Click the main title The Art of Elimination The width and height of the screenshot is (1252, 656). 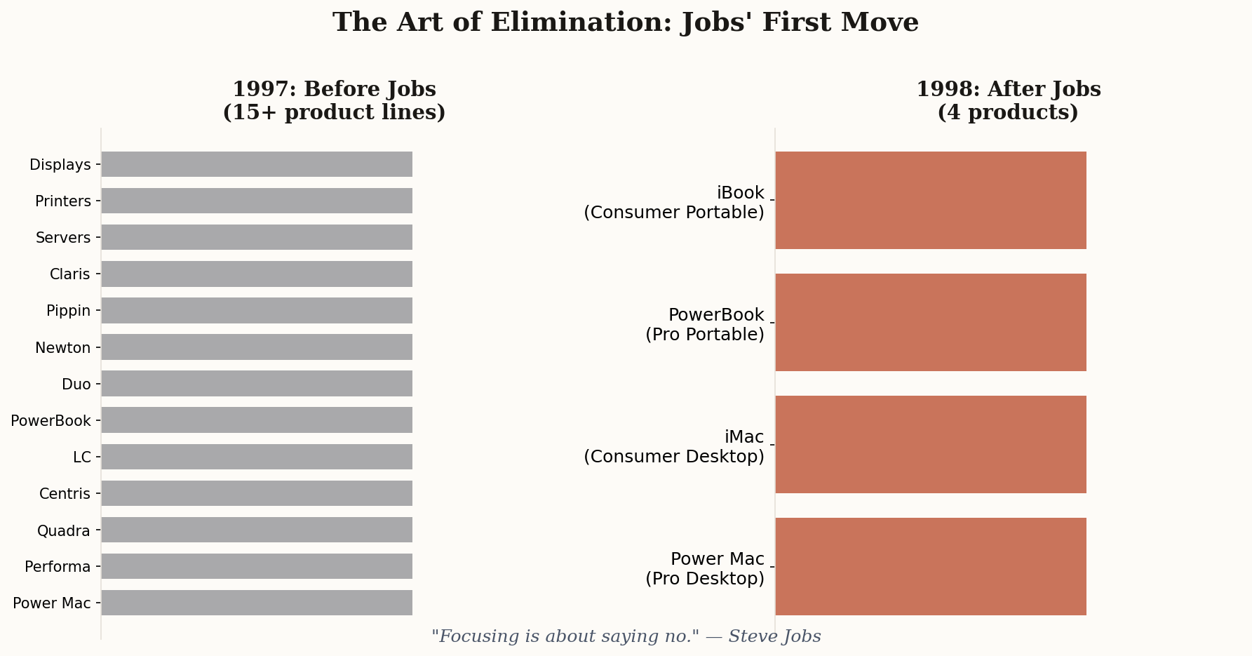(x=625, y=22)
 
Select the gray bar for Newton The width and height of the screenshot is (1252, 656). (x=257, y=347)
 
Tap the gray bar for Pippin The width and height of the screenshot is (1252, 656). (x=257, y=310)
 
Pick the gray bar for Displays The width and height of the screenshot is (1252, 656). (x=257, y=164)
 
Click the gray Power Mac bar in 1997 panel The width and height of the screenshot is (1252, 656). (x=257, y=603)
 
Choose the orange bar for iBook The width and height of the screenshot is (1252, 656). (x=931, y=200)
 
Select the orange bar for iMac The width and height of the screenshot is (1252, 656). (x=931, y=444)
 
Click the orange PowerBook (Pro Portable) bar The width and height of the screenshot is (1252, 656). (x=931, y=322)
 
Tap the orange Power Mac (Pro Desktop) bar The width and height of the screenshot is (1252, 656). (x=931, y=566)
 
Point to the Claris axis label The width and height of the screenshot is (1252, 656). (x=69, y=274)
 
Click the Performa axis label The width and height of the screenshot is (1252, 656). (x=58, y=567)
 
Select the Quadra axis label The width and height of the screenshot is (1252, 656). (x=63, y=530)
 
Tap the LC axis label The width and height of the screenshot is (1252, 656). (x=82, y=457)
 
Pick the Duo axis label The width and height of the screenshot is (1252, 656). (x=76, y=384)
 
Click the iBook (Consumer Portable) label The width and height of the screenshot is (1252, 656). (x=673, y=203)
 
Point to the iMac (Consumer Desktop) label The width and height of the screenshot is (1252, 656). (x=673, y=447)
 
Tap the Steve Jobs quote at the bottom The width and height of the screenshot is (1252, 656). (x=626, y=636)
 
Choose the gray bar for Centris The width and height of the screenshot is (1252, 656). (x=257, y=493)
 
